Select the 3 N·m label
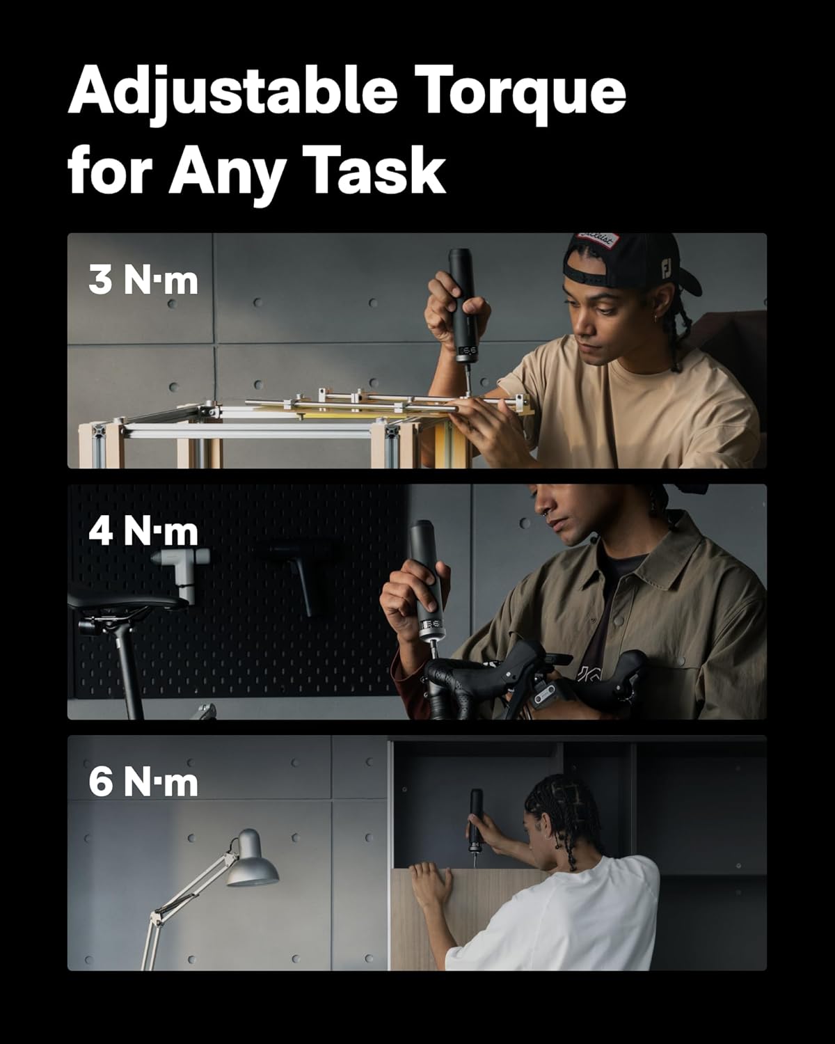click(143, 280)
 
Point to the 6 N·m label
click(143, 782)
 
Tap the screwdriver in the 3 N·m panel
click(462, 306)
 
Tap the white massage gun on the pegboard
click(182, 571)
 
